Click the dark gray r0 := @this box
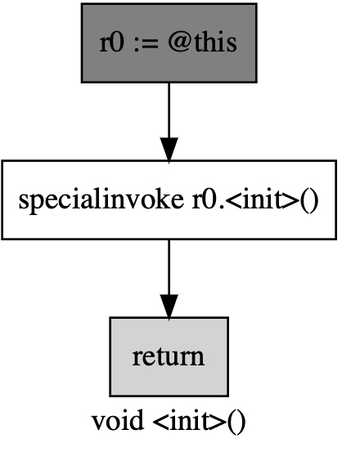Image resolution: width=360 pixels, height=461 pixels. (169, 43)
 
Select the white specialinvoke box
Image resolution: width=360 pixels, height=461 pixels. (169, 200)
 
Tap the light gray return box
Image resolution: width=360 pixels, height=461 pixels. (169, 356)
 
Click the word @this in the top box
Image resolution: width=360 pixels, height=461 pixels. (202, 43)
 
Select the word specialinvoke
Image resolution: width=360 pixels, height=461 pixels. (101, 200)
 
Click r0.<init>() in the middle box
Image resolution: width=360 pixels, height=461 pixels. (255, 200)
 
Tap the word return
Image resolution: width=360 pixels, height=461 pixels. (168, 357)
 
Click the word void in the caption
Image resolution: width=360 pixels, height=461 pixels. (118, 421)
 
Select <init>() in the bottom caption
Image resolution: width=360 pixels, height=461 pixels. (199, 422)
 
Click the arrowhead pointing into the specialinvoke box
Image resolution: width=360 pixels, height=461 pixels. (169, 150)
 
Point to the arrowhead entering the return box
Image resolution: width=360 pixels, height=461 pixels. (169, 307)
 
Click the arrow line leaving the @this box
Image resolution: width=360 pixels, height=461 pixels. (169, 122)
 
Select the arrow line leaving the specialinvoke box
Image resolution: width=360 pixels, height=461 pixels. (169, 279)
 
